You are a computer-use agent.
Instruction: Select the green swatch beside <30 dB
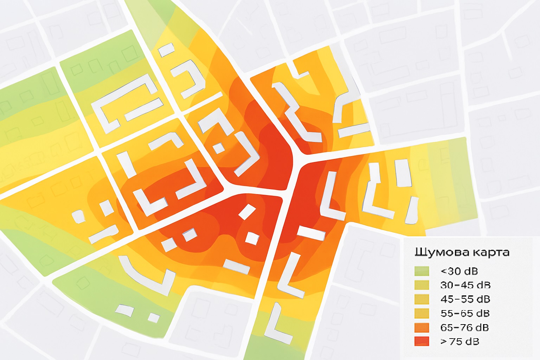tap(422, 271)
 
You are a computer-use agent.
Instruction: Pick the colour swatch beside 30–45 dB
tap(422, 285)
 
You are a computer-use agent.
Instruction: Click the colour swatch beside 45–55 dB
tap(422, 299)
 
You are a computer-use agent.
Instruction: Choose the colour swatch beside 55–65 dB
tap(422, 313)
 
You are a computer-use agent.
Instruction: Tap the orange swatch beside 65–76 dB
tap(422, 327)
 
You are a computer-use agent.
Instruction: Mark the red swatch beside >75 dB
tap(422, 341)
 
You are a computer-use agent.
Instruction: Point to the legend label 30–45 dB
tap(465, 285)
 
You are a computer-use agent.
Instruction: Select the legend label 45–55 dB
tap(465, 299)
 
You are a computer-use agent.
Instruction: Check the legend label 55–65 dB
tap(465, 313)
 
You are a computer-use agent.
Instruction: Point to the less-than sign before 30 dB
tap(443, 271)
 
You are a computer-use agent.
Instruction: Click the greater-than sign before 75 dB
tap(443, 342)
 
